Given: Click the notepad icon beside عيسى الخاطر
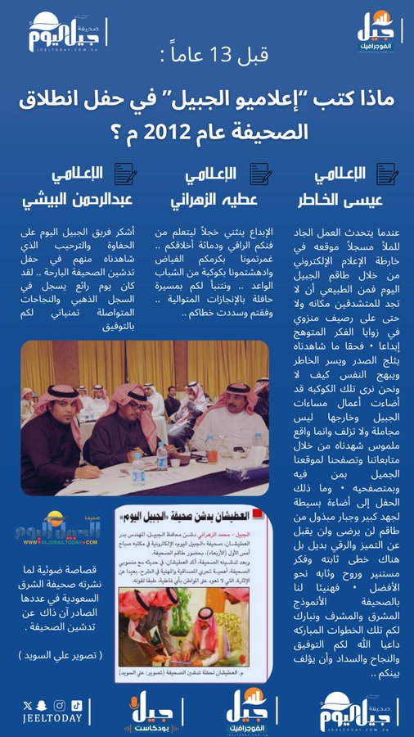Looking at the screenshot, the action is point(387,174).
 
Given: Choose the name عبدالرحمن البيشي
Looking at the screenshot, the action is point(81,199).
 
